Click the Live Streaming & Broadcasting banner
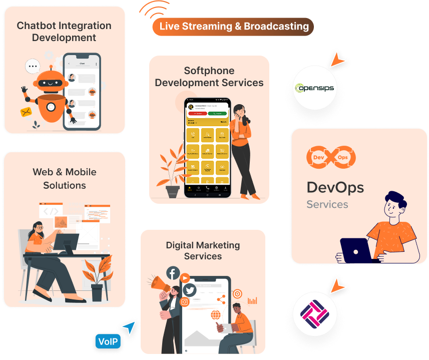(233, 27)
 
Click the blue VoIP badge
(108, 342)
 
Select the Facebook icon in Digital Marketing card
(173, 273)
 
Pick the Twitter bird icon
(189, 290)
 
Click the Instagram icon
(184, 302)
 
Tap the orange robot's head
(53, 81)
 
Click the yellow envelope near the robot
(26, 112)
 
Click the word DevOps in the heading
(335, 188)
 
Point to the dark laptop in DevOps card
(356, 250)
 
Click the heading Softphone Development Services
(209, 77)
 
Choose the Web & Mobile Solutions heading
(64, 179)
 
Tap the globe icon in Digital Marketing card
(216, 315)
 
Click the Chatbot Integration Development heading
(64, 32)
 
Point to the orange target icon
(237, 294)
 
